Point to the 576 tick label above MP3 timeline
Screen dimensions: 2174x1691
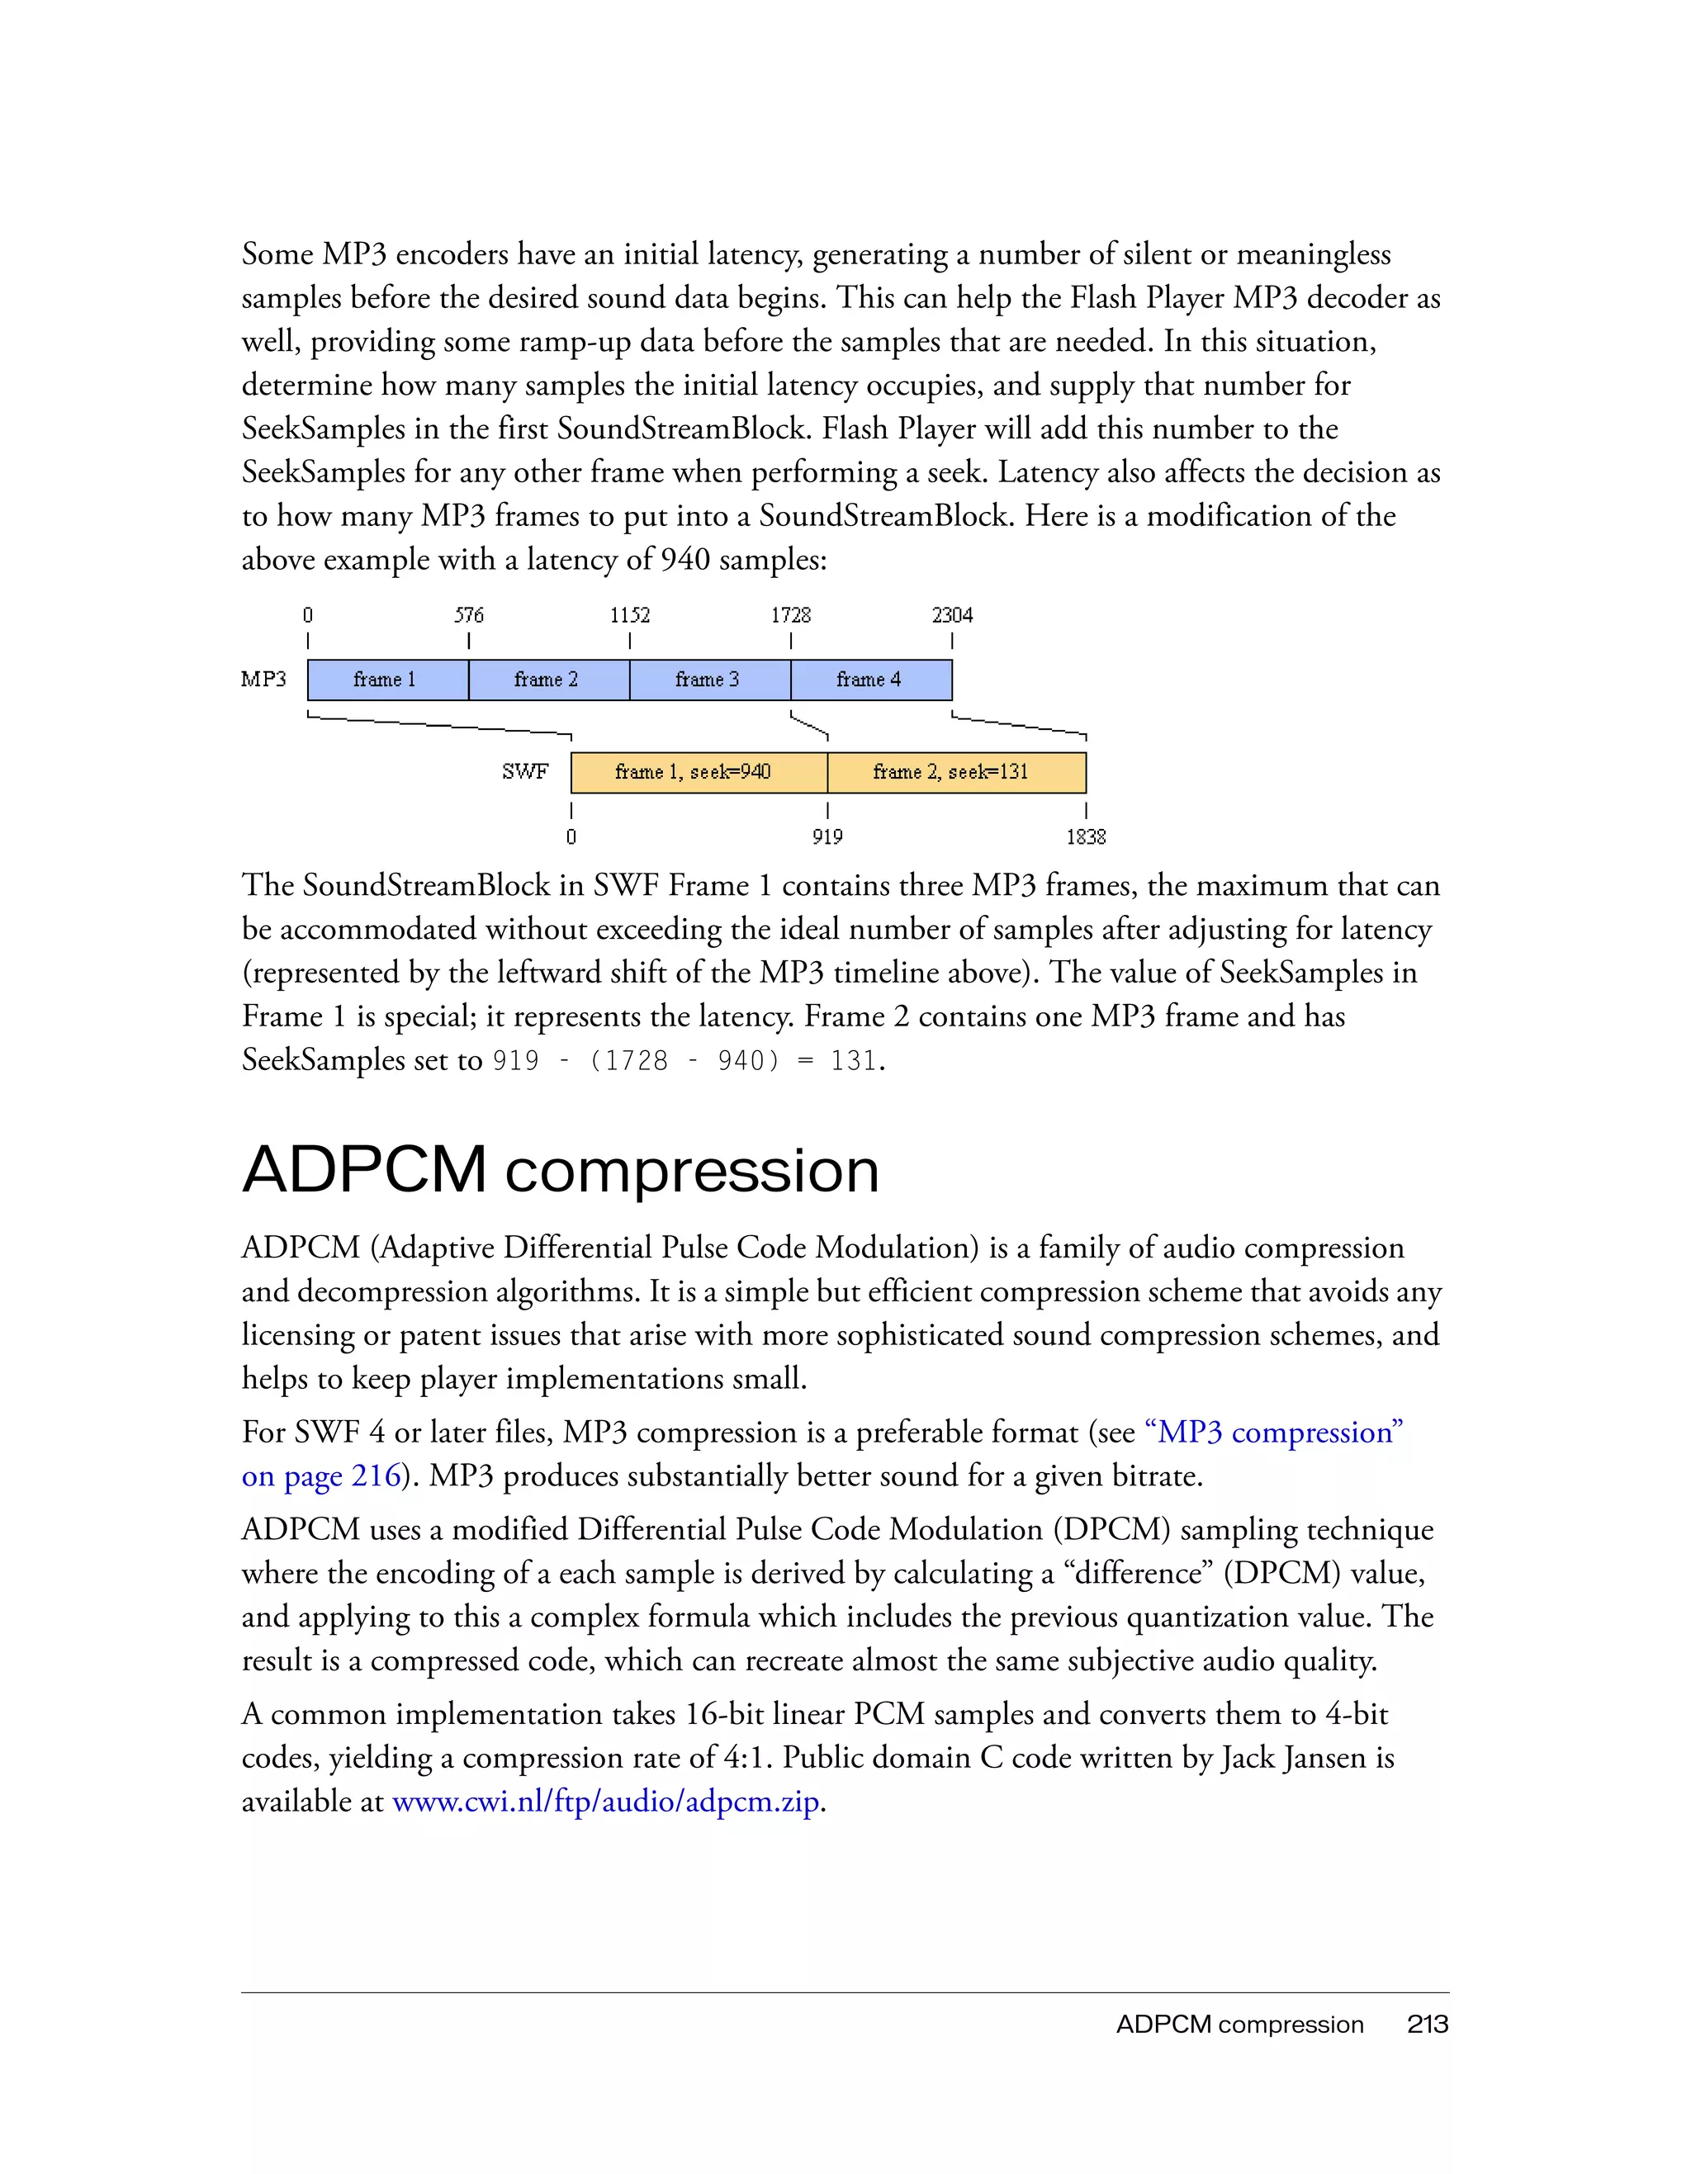[x=469, y=615]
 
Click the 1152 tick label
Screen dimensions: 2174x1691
[x=630, y=615]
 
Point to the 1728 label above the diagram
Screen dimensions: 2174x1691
[x=790, y=615]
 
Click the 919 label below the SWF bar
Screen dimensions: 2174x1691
[x=827, y=837]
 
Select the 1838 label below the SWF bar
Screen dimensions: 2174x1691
[x=1086, y=837]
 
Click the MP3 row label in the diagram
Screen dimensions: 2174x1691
[x=263, y=679]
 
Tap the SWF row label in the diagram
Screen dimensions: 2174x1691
[x=524, y=771]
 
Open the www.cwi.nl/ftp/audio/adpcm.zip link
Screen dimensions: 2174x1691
[x=606, y=1802]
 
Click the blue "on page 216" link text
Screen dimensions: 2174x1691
[x=321, y=1476]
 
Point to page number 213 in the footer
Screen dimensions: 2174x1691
[x=1428, y=2025]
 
